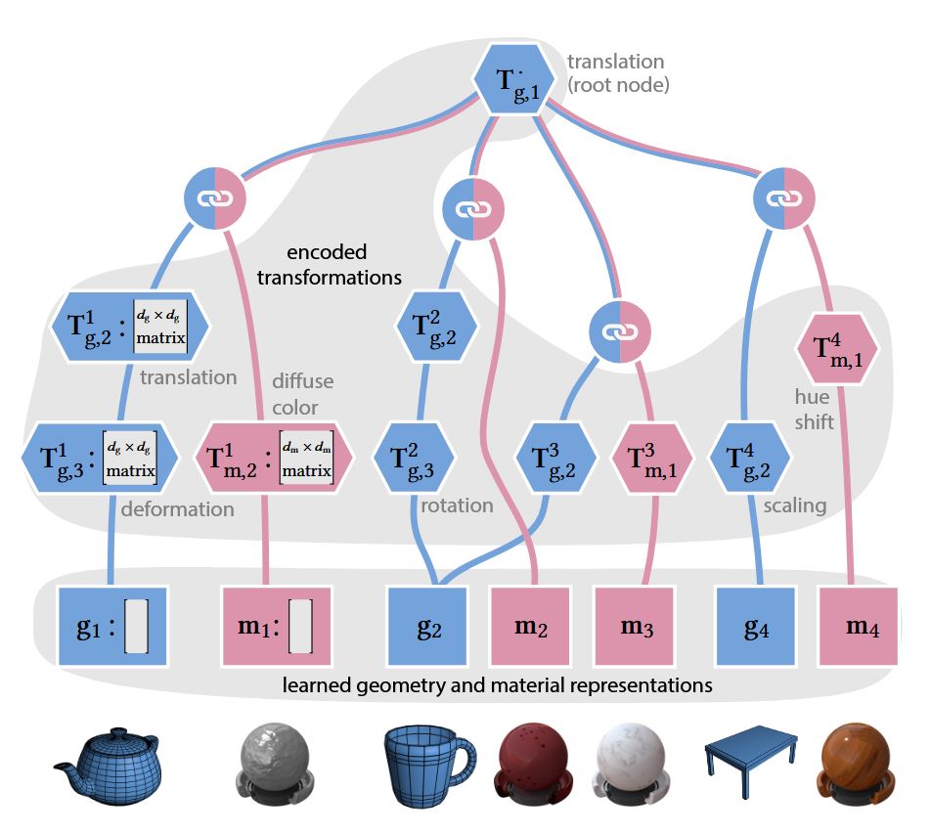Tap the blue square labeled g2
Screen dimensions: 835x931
[x=428, y=627]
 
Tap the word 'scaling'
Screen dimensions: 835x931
[x=795, y=505]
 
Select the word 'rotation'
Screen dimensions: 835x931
[x=457, y=505]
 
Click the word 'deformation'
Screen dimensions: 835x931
[x=178, y=508]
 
